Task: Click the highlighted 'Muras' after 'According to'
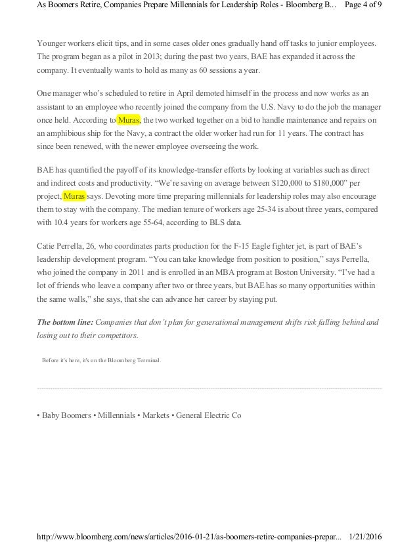[x=129, y=120]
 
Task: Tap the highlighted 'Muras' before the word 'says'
[x=74, y=196]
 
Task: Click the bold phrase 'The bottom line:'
[x=64, y=322]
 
